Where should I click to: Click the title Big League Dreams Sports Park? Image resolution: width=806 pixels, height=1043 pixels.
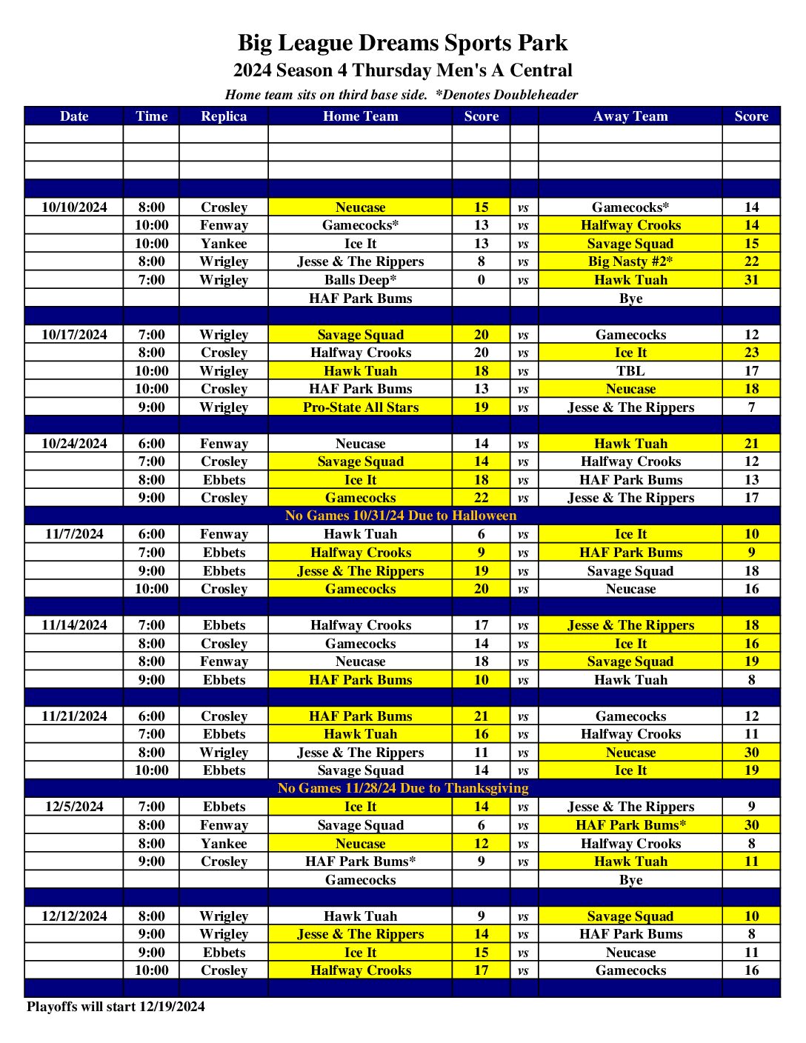402,43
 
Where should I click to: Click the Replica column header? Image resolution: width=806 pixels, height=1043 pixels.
224,116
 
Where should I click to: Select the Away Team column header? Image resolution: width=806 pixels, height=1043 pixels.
630,116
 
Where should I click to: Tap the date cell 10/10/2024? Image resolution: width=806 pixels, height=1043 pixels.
74,207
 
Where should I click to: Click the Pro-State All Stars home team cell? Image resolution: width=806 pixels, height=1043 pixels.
361,407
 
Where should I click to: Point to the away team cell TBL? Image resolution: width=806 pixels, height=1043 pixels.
630,371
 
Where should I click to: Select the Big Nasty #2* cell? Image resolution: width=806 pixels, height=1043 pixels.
630,261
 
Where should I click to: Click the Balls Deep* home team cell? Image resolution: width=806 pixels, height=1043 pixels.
361,280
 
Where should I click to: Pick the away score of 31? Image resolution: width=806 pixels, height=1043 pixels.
751,280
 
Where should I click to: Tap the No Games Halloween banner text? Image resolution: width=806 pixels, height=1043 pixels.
401,516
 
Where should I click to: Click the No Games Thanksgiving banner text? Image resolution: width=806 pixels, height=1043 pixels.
403,788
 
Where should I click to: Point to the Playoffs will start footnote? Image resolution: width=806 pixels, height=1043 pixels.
116,1007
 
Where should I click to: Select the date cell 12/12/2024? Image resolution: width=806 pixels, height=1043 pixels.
74,916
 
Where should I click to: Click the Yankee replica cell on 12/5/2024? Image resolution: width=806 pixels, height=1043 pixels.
224,844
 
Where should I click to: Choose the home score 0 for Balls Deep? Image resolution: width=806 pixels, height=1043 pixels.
482,280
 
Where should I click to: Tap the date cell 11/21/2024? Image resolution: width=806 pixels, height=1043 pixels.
74,716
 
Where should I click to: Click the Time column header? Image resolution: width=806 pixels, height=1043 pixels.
152,116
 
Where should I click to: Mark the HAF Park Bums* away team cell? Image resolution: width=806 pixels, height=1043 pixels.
630,825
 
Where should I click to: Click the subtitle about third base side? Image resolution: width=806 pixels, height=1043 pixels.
402,95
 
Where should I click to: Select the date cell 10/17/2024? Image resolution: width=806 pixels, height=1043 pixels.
74,335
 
